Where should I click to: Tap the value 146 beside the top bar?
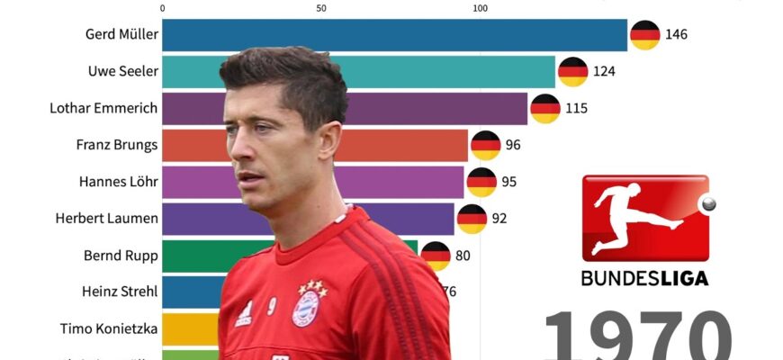(x=676, y=35)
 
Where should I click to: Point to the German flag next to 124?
(x=573, y=72)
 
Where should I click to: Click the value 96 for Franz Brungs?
(x=513, y=145)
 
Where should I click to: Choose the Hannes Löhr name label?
(x=118, y=182)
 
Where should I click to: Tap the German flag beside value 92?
(x=472, y=218)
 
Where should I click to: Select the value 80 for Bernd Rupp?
(x=463, y=255)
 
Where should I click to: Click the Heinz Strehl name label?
(x=119, y=292)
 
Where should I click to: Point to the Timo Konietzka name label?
(x=109, y=328)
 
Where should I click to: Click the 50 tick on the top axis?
(x=321, y=8)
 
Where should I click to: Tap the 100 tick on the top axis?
(x=480, y=8)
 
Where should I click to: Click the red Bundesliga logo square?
(x=644, y=217)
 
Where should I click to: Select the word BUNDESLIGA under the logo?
(x=644, y=278)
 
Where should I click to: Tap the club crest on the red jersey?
(x=306, y=308)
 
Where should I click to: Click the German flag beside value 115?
(x=545, y=109)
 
